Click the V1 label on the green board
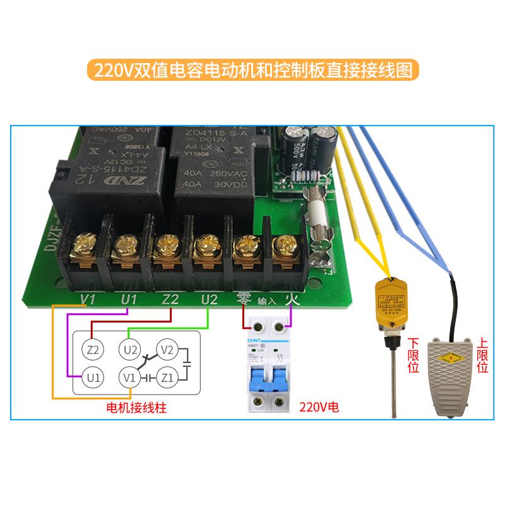(x=88, y=299)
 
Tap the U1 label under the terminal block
(x=128, y=299)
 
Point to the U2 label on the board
(x=208, y=299)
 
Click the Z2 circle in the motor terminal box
(x=93, y=348)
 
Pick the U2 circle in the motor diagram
(x=130, y=348)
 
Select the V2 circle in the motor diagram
(x=167, y=348)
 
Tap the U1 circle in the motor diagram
(x=93, y=377)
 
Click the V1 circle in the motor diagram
(x=130, y=377)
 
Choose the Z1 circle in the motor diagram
(x=167, y=377)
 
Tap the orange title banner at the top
(x=252, y=69)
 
